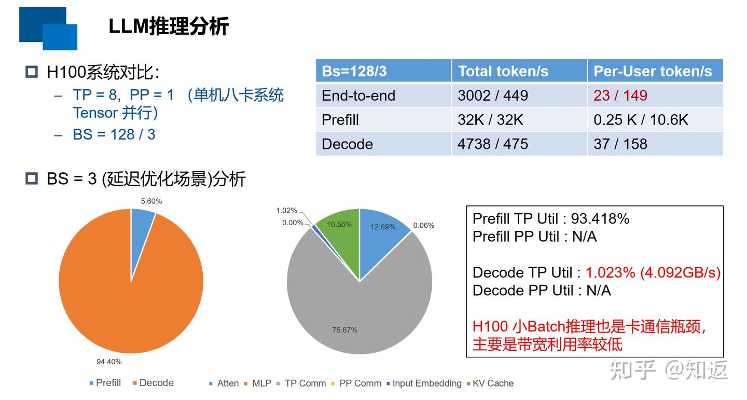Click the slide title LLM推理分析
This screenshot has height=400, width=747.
[169, 26]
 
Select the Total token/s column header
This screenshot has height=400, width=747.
[503, 71]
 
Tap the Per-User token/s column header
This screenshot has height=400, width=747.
[653, 71]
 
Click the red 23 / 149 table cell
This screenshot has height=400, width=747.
[620, 95]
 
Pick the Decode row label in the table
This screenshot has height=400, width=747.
[347, 144]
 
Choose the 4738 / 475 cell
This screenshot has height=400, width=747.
[492, 144]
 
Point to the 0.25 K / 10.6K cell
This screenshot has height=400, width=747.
[641, 120]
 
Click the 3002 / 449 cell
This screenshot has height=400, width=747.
[492, 95]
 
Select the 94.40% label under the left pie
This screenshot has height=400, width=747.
[109, 362]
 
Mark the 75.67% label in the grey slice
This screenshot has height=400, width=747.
[344, 330]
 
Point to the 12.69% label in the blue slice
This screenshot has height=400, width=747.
[383, 227]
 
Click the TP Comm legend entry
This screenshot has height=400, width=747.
[305, 383]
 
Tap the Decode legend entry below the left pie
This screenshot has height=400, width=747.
[156, 383]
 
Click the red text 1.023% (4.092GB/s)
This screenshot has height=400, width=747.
[653, 272]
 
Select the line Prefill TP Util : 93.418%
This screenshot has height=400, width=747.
[550, 218]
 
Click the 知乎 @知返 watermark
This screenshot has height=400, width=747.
[669, 370]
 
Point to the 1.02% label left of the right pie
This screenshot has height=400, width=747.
[286, 211]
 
